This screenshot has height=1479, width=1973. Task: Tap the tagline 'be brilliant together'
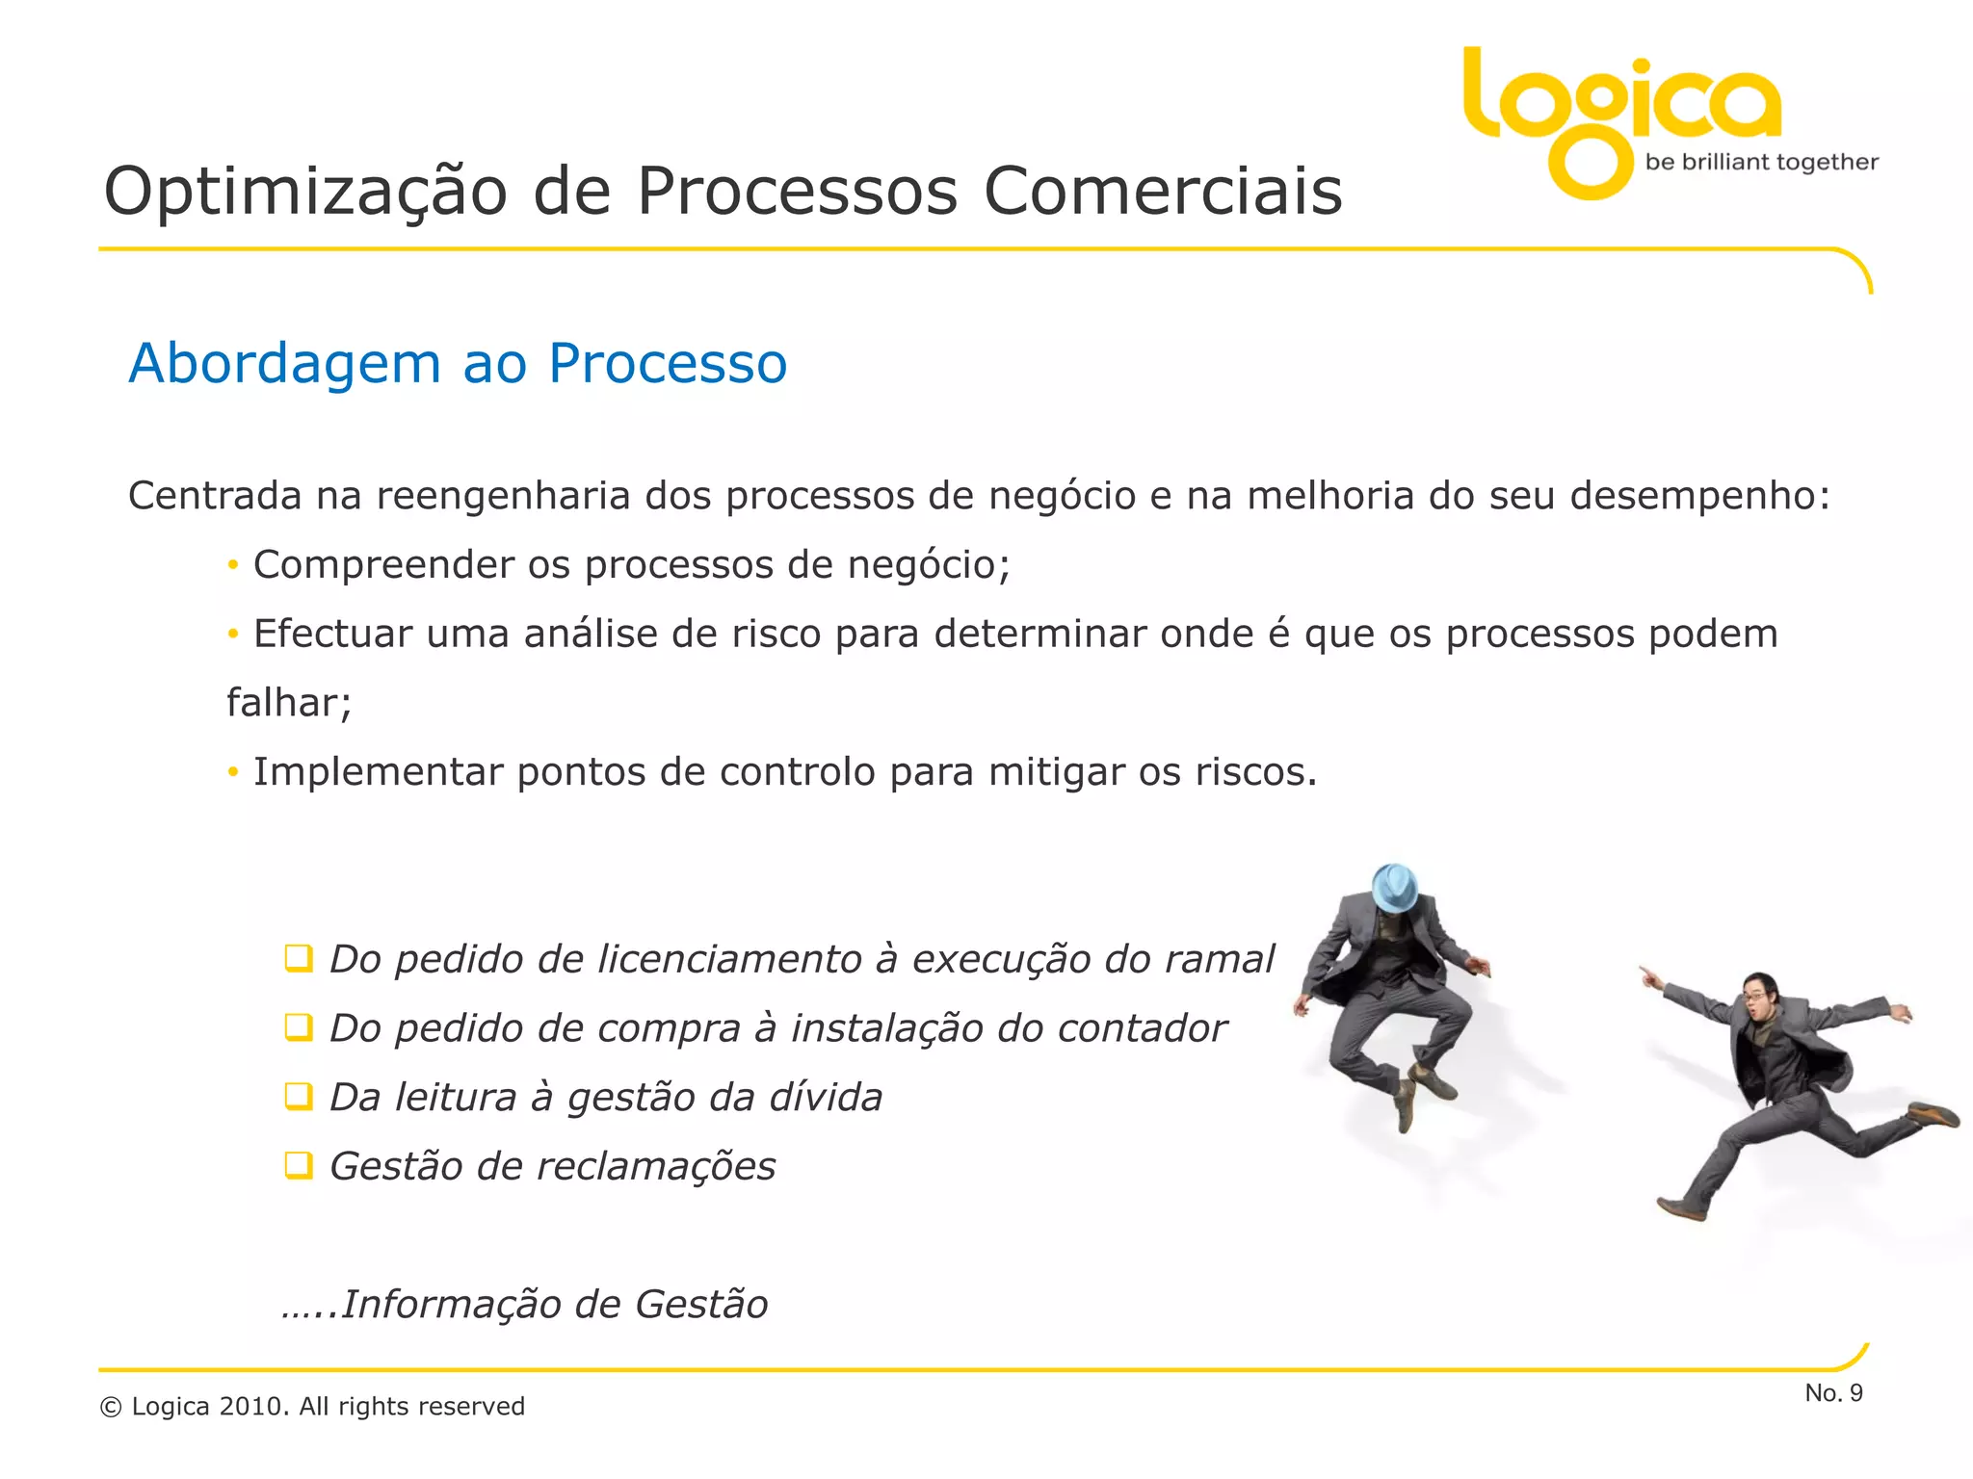(1761, 162)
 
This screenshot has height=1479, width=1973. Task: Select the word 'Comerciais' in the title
(1163, 192)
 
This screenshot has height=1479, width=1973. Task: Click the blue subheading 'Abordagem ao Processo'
(458, 364)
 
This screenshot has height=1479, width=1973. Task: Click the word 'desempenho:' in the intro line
(1699, 496)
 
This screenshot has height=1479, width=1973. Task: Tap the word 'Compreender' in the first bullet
(383, 565)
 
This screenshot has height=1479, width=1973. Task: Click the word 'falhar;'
(289, 703)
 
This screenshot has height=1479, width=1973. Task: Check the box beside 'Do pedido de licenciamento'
(299, 959)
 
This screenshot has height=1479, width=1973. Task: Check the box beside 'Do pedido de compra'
(299, 1028)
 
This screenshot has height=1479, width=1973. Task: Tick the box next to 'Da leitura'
(299, 1097)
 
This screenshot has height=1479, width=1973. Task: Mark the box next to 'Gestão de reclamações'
(299, 1166)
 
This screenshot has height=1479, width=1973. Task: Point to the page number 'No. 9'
(1833, 1393)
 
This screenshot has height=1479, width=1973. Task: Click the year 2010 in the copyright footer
(253, 1407)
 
